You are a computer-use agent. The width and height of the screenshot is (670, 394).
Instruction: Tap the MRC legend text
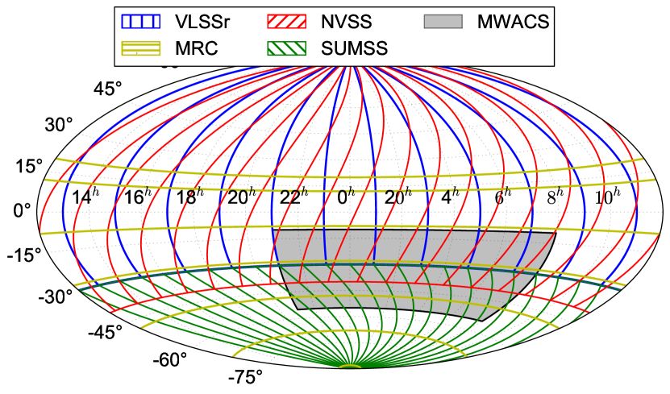pos(190,48)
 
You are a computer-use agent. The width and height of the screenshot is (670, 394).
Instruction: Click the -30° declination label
pos(55,297)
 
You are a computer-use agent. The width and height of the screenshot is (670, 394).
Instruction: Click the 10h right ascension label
pos(607,197)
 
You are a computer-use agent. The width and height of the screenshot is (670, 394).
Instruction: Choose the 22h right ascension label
pos(293,197)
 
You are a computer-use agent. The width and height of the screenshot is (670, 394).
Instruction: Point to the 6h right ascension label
pos(502,197)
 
